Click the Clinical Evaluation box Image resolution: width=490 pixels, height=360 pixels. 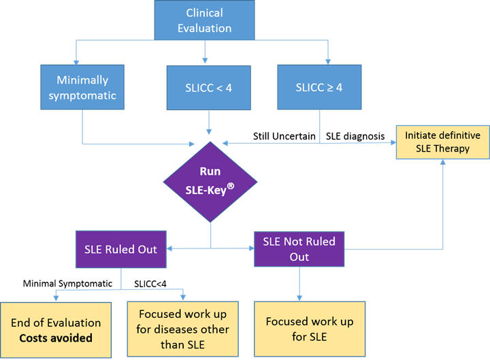204,20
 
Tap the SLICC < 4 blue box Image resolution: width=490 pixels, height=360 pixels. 204,87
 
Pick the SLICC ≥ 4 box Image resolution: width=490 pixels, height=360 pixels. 319,87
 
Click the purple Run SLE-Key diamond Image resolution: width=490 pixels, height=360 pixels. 210,181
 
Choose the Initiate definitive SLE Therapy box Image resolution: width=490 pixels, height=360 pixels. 442,142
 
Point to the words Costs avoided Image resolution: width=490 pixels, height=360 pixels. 56,338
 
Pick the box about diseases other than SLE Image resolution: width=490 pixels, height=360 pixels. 184,329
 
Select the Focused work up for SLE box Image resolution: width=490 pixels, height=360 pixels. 309,329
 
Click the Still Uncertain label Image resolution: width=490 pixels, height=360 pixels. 283,137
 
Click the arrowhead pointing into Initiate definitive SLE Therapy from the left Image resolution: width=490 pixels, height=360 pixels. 393,142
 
